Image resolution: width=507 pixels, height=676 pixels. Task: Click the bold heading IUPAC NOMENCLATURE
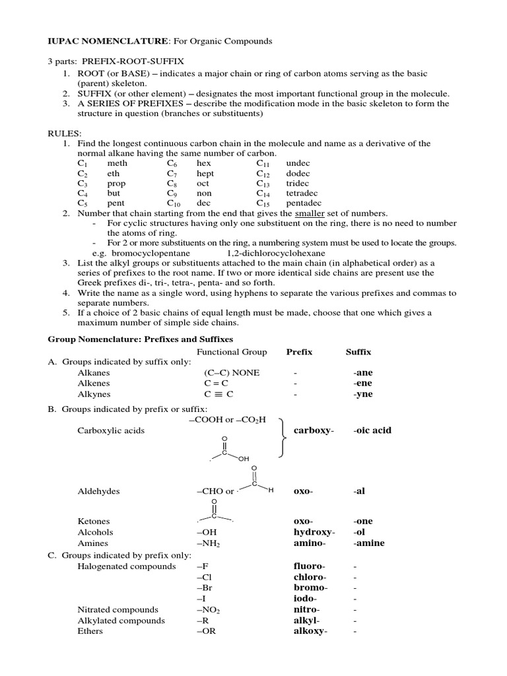coord(108,41)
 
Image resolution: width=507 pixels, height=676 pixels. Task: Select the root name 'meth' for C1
coord(117,163)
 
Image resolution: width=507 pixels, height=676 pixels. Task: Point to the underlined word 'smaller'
coord(310,214)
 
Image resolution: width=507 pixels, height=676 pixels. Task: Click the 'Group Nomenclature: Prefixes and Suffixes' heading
coord(140,339)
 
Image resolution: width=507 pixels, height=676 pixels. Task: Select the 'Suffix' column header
coord(358,352)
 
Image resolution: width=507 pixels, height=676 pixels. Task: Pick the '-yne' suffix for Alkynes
coord(362,394)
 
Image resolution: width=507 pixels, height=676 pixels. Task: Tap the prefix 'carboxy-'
coord(314,430)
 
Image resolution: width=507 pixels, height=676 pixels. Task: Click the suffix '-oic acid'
coord(372,430)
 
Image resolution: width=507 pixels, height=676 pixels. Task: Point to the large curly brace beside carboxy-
coord(283,437)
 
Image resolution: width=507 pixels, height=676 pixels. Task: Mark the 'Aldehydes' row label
coord(98,492)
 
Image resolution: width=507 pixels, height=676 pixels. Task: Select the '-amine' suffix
coord(368,543)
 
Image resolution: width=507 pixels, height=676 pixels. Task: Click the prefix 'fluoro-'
coord(309,566)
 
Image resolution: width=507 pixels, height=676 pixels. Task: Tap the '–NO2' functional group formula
coord(208,610)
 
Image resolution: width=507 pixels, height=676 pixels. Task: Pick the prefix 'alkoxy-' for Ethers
coord(310,631)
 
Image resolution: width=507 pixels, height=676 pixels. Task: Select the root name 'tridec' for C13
coord(298,184)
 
